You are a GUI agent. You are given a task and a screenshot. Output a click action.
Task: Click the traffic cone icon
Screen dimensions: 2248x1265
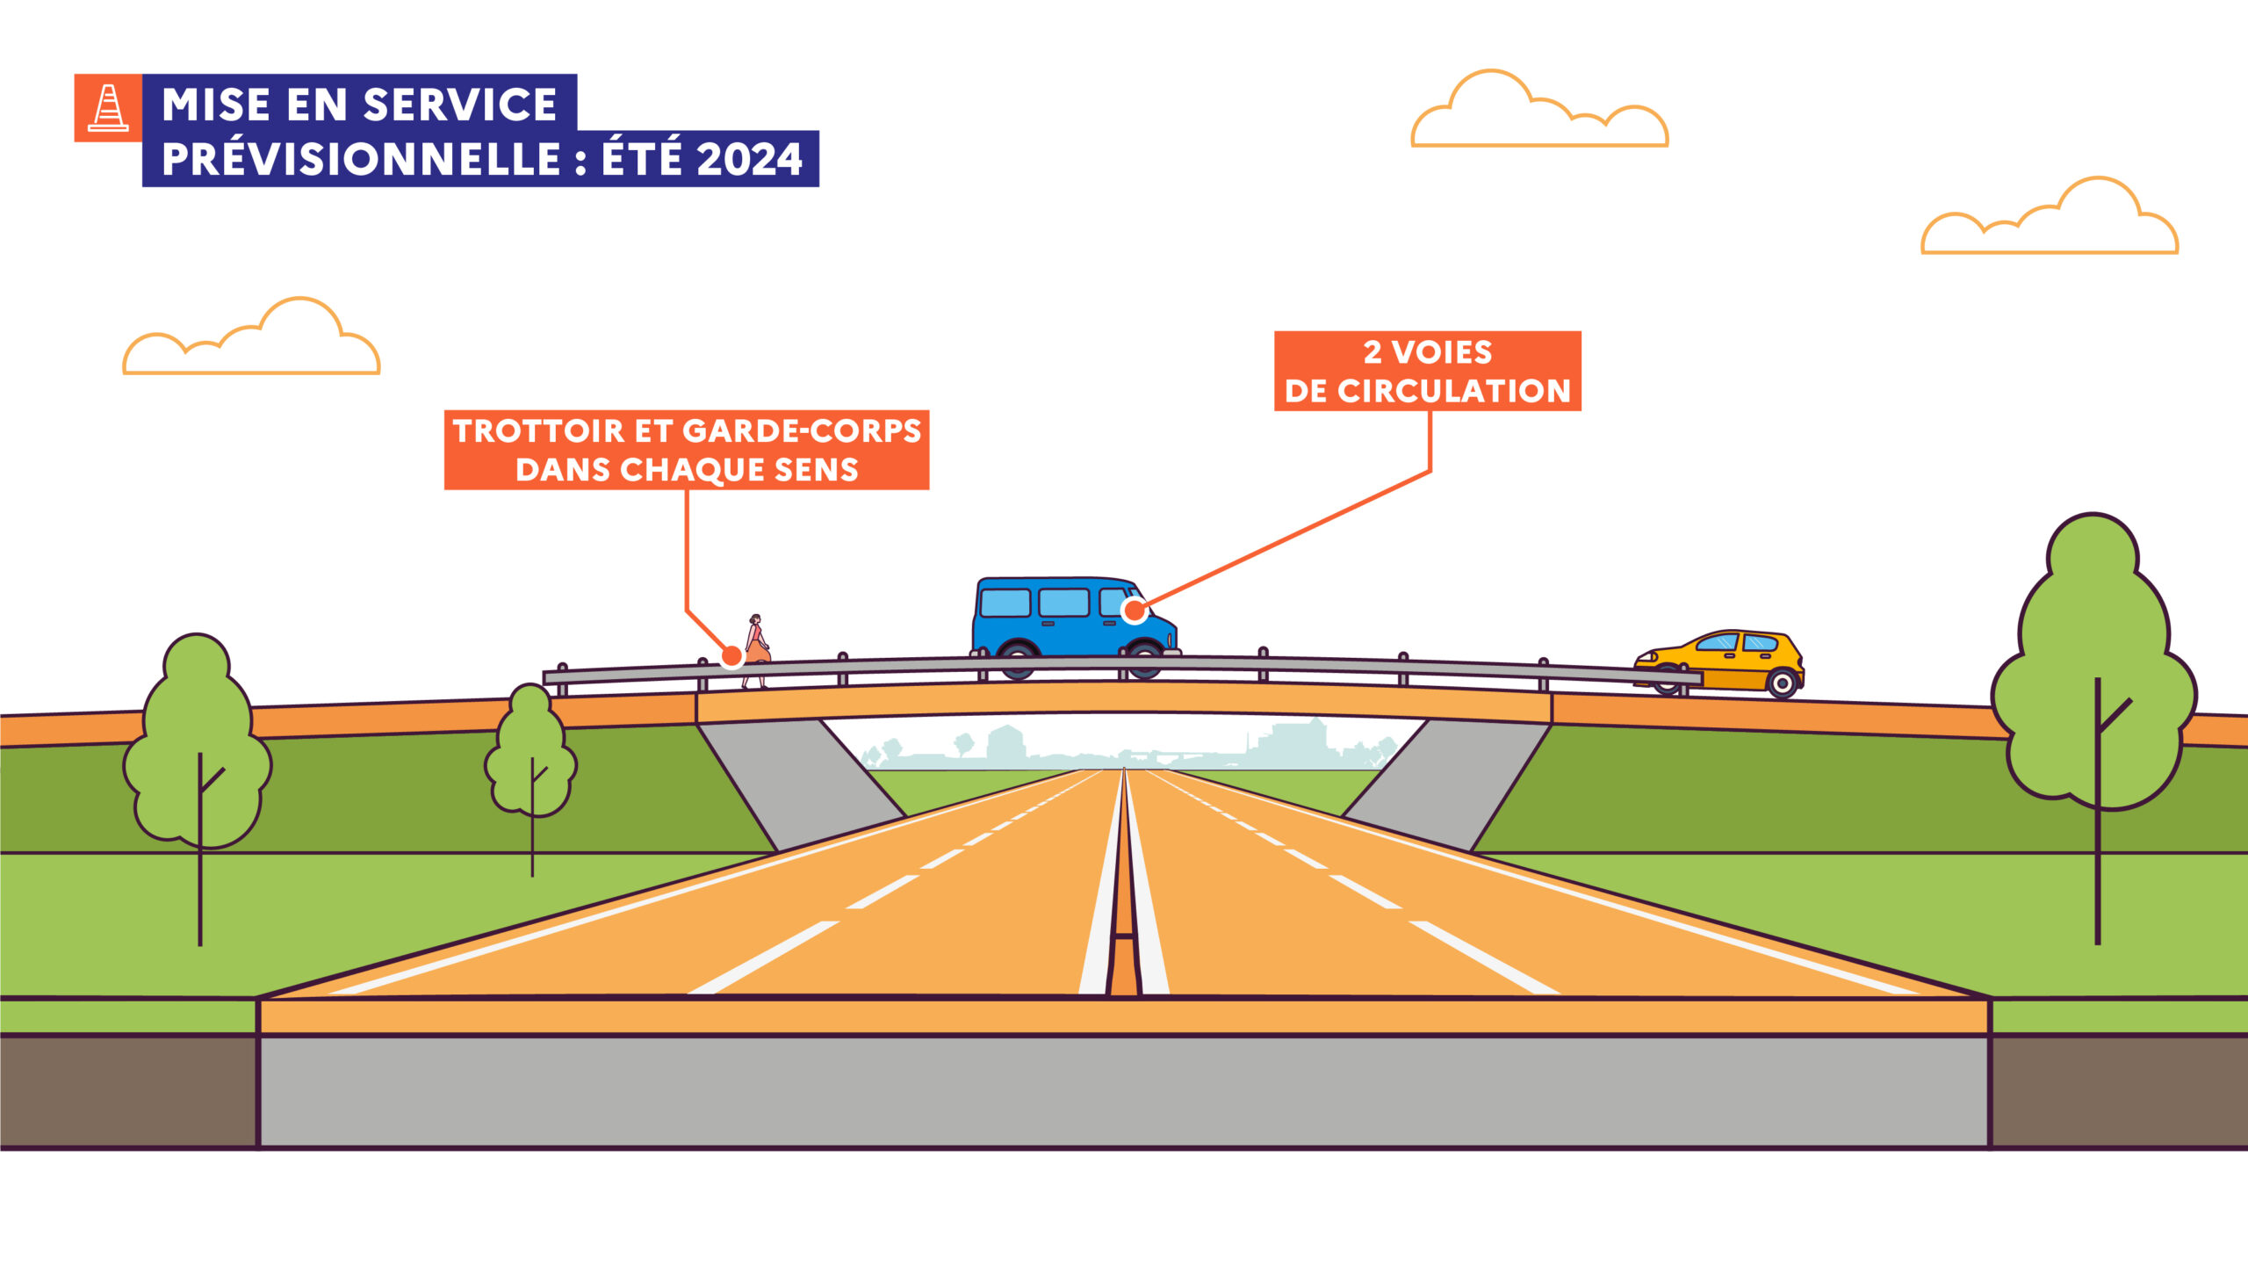(108, 108)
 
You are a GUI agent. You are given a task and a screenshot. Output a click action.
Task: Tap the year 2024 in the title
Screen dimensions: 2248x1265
(750, 160)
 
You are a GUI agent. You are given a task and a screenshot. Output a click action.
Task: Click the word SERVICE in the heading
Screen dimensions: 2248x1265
(460, 105)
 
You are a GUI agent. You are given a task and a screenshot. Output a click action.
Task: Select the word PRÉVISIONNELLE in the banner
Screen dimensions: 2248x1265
(361, 159)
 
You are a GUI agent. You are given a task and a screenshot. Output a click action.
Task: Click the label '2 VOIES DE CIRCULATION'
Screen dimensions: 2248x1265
(1428, 371)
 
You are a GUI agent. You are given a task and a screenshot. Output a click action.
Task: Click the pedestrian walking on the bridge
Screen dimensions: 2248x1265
(756, 649)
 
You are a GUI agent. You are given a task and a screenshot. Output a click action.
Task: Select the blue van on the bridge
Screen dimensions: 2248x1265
(1075, 626)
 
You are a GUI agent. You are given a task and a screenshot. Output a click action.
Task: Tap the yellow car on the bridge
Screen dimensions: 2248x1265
(1718, 662)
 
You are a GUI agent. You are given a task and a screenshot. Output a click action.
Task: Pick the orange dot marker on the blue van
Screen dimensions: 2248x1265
(1135, 610)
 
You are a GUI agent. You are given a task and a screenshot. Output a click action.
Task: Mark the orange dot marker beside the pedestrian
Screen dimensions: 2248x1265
(731, 655)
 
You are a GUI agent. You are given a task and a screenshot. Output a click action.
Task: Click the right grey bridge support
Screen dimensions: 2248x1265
(1447, 782)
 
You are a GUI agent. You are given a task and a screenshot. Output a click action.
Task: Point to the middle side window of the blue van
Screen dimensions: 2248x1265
(1063, 603)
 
